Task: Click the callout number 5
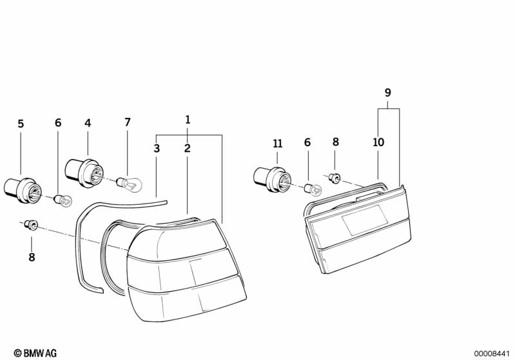(x=21, y=124)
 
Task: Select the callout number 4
(x=88, y=123)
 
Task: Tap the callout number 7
(x=128, y=122)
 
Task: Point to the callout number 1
(x=188, y=120)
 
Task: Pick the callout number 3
(x=157, y=148)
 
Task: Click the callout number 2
(x=187, y=148)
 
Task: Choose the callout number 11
(x=278, y=144)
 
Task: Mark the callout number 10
(x=378, y=142)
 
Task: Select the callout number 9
(x=388, y=93)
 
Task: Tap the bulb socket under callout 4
(x=84, y=173)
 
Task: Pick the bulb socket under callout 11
(x=272, y=180)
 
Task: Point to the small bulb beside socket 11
(x=313, y=189)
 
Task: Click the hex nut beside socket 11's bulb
(x=335, y=178)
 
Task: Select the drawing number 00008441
(x=492, y=354)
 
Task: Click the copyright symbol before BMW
(x=18, y=353)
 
